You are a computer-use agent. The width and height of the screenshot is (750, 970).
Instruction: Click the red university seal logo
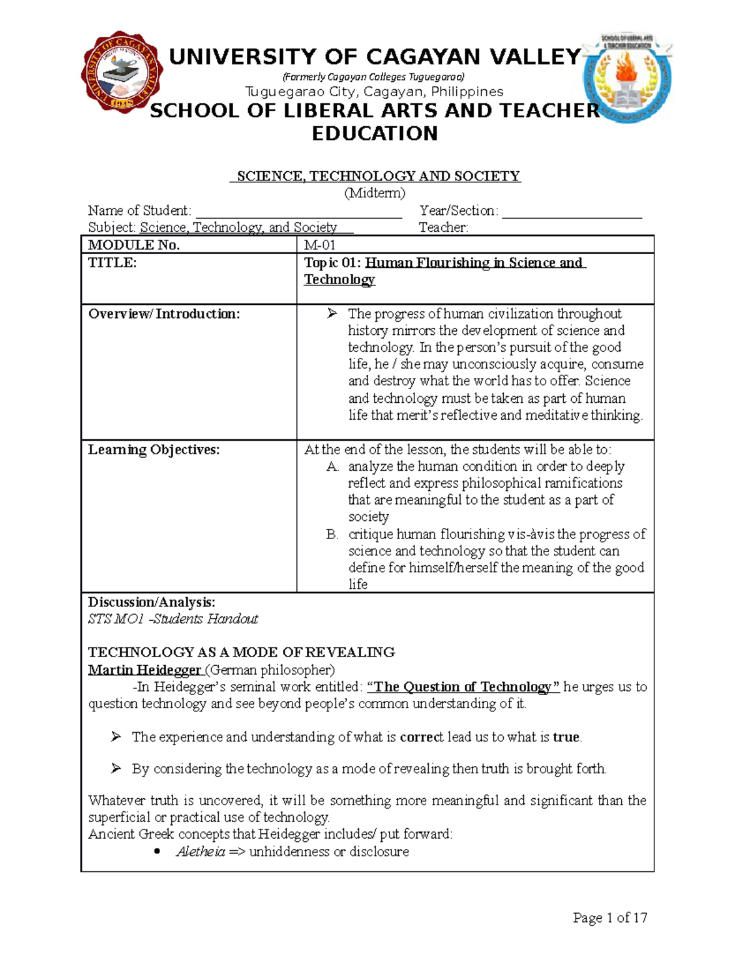point(122,72)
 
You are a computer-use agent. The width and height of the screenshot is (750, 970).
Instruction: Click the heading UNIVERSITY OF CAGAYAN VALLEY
point(375,57)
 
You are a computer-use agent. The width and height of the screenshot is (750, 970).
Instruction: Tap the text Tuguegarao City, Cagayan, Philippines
point(374,92)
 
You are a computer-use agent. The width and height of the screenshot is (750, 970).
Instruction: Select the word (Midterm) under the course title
point(375,193)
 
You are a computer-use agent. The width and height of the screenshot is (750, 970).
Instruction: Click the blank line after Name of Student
point(298,212)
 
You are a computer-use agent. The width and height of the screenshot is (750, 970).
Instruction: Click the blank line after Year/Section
point(572,212)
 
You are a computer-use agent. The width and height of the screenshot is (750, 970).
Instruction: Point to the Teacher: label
point(443,227)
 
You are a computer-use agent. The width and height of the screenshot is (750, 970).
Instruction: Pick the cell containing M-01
point(319,245)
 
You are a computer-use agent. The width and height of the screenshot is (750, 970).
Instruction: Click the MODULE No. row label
point(134,245)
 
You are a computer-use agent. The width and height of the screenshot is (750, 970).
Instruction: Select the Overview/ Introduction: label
point(164,314)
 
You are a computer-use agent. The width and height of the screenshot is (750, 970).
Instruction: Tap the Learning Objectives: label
point(154,450)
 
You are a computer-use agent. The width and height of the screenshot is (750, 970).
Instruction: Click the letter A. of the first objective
point(332,467)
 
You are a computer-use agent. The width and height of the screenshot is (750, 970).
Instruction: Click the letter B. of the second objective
point(332,535)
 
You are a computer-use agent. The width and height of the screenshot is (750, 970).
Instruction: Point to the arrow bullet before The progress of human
point(332,314)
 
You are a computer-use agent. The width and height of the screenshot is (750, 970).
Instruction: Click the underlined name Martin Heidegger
point(144,670)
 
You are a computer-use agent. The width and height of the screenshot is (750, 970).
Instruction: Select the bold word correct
point(421,737)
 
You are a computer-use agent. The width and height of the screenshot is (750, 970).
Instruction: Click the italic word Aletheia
point(200,852)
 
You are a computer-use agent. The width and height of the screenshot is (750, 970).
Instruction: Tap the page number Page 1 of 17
point(610,918)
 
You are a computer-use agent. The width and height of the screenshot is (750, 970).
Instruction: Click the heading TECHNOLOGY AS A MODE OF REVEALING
point(241,653)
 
